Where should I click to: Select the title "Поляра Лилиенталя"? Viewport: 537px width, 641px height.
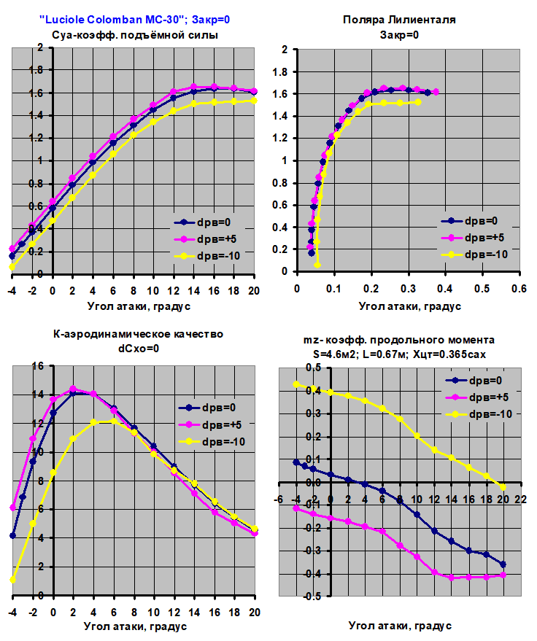click(x=399, y=20)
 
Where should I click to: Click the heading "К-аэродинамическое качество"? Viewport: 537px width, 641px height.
click(x=139, y=334)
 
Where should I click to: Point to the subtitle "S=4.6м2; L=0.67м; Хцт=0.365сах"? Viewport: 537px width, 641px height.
click(x=399, y=354)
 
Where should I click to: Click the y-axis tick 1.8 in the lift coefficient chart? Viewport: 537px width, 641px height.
click(x=39, y=70)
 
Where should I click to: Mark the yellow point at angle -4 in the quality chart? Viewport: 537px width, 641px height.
click(x=12, y=580)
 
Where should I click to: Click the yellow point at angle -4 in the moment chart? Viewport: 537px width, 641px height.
click(x=296, y=384)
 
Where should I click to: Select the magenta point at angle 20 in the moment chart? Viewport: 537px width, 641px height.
click(x=503, y=575)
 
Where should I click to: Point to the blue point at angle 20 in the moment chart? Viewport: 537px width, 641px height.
click(x=503, y=564)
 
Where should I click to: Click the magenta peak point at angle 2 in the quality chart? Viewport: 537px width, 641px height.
click(x=72, y=389)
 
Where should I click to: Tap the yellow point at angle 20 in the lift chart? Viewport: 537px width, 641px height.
click(x=254, y=101)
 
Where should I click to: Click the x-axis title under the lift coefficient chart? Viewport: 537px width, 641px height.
click(x=138, y=306)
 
